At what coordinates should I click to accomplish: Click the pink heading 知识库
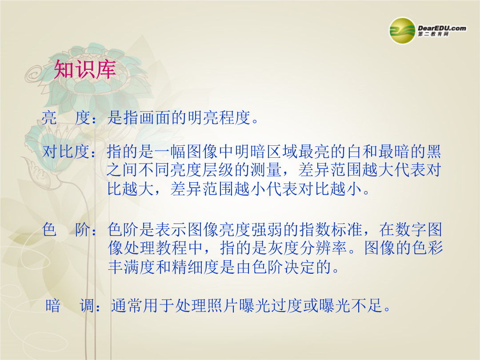click(85, 69)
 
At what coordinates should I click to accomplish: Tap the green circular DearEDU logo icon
click(402, 31)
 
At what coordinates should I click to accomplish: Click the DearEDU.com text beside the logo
click(442, 28)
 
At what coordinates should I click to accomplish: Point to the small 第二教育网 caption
click(433, 34)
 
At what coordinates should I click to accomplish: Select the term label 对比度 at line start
click(66, 152)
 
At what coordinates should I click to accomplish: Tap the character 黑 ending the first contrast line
click(433, 152)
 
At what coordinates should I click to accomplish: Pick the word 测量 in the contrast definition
click(266, 170)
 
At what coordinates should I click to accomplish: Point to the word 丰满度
click(132, 267)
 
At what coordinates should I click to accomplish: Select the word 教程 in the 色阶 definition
click(172, 248)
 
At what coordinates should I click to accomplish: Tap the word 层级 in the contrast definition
click(219, 170)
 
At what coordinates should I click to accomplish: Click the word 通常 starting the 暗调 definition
click(127, 305)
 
